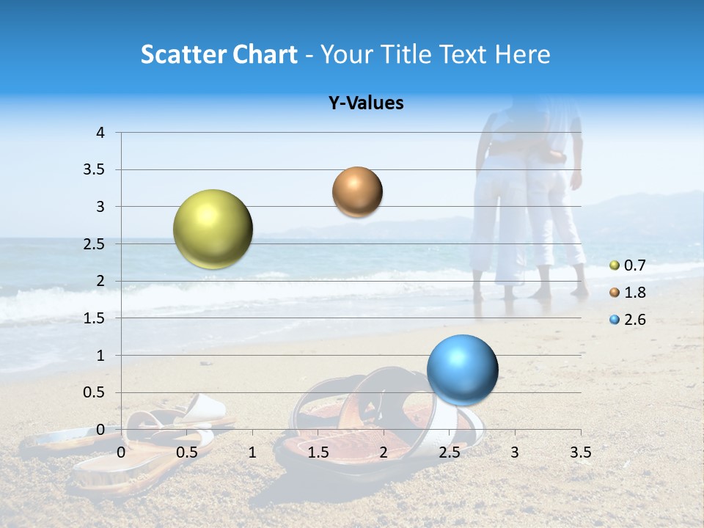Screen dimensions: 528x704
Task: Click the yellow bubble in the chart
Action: point(213,229)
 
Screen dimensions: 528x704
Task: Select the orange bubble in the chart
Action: point(357,192)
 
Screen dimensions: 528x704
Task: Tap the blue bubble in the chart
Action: point(462,370)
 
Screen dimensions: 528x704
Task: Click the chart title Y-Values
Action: point(365,103)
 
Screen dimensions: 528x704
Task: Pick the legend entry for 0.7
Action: point(628,265)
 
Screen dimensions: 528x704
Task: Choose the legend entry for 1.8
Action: point(628,293)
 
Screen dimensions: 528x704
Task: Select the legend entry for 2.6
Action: point(628,320)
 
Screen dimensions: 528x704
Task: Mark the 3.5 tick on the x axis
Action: point(580,452)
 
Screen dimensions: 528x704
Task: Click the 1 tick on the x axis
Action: point(252,452)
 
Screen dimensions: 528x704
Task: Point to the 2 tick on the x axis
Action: point(384,452)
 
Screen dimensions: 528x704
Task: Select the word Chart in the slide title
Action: point(265,54)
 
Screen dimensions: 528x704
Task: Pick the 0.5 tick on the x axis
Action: point(187,452)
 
